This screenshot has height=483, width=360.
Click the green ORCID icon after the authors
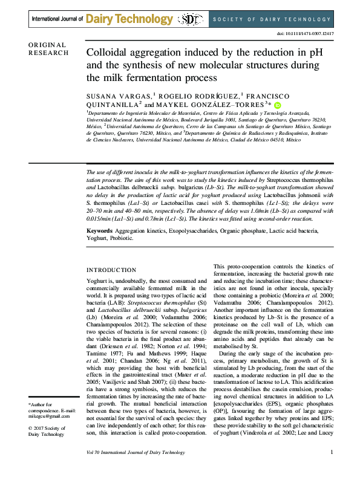click(x=278, y=105)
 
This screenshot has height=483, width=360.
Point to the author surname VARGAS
click(x=137, y=96)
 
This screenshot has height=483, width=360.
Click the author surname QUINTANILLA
click(x=114, y=105)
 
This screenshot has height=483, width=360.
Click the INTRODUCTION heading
click(x=111, y=270)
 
